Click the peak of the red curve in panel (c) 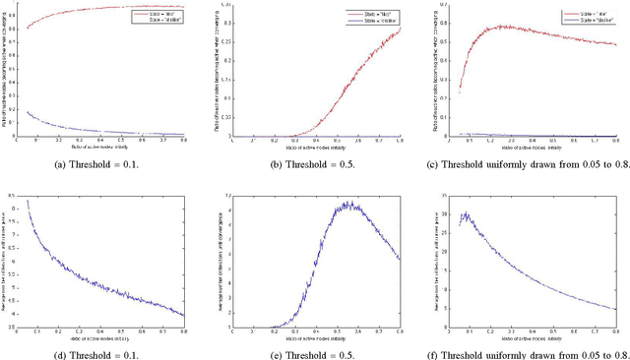[499, 26]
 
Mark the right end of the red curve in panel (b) [400, 28]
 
